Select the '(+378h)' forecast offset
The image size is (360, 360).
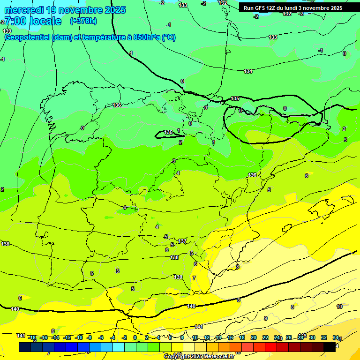83,21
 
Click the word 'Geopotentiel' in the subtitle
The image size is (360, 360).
27,37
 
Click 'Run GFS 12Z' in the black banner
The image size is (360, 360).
260,8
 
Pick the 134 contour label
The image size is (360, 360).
248,71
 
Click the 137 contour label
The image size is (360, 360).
182,241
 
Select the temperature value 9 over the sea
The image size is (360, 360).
265,318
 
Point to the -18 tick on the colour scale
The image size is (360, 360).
32,337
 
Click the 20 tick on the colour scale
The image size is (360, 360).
254,337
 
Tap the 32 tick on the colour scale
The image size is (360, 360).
324,337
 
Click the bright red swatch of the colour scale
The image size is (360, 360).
271,347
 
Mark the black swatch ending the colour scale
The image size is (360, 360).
329,347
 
